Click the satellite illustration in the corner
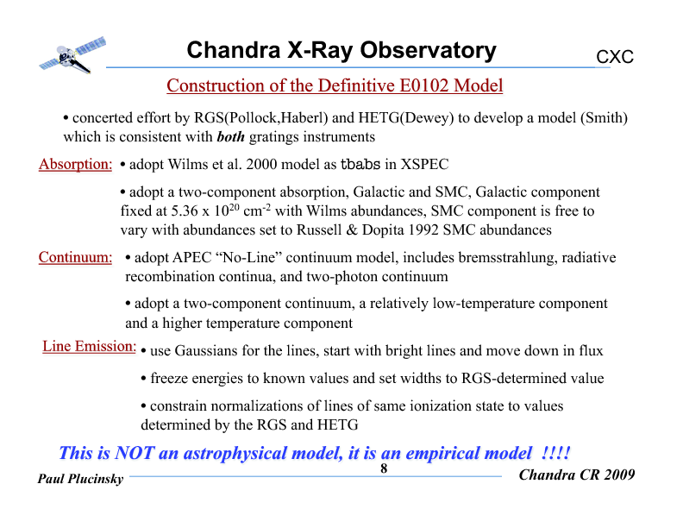click(x=72, y=54)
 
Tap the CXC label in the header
click(x=615, y=58)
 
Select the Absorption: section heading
click(x=76, y=165)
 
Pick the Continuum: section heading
click(x=76, y=257)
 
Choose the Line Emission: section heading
click(x=90, y=347)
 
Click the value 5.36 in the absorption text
click(x=186, y=211)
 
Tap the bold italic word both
click(x=230, y=137)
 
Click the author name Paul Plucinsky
click(x=81, y=480)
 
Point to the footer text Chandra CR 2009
click(x=577, y=475)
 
